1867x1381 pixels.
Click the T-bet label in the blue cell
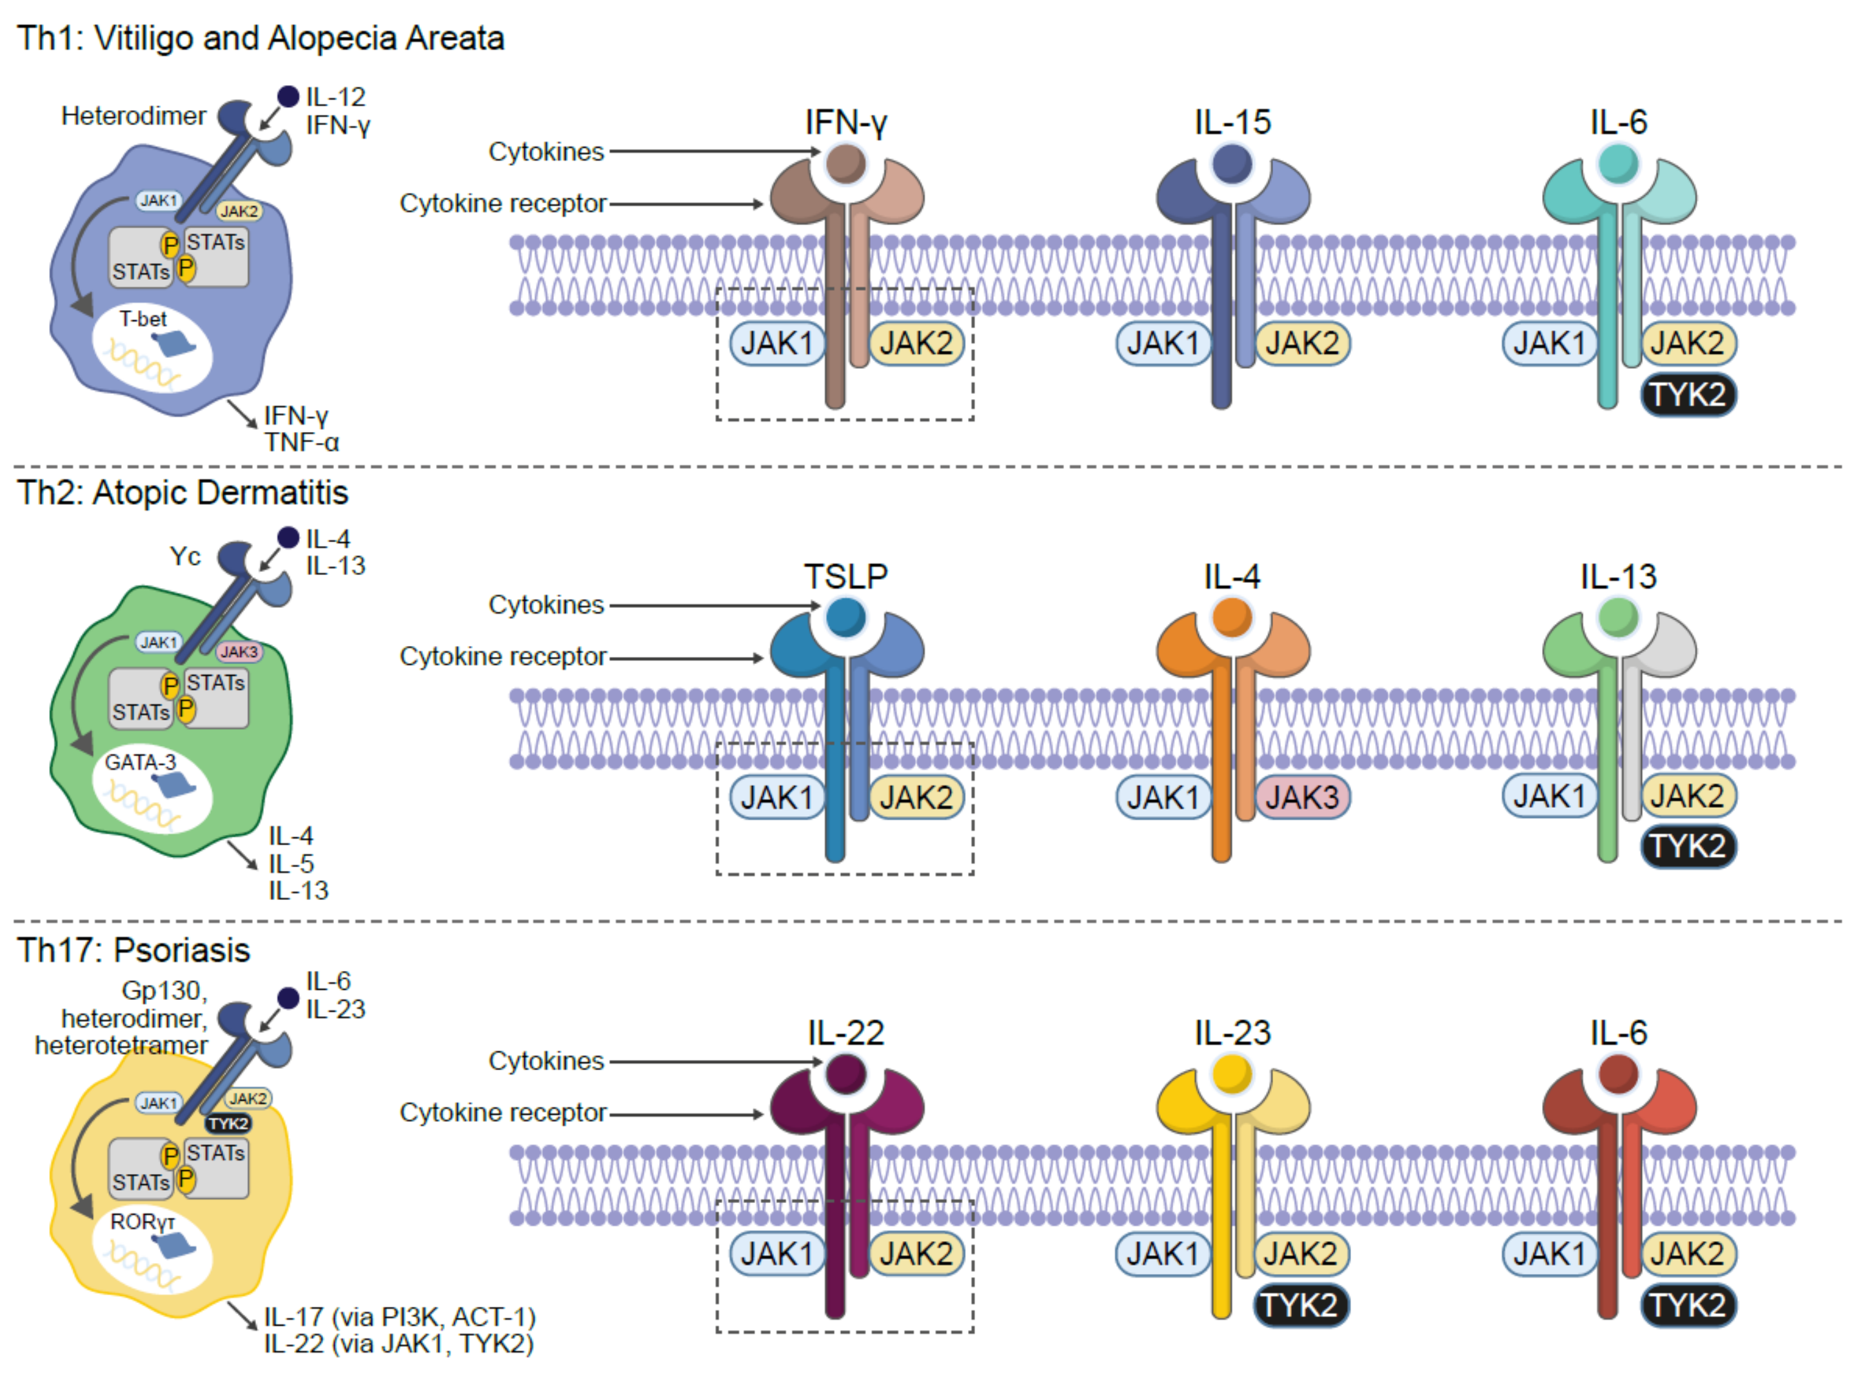click(143, 319)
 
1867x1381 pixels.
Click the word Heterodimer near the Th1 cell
click(133, 116)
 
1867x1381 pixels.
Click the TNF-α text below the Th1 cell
click(302, 443)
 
